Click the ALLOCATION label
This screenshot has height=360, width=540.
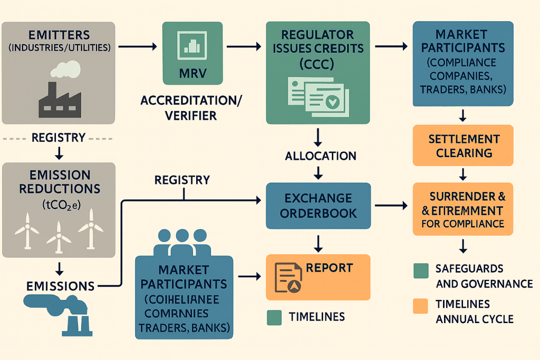[320, 156]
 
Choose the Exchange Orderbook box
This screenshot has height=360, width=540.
[318, 206]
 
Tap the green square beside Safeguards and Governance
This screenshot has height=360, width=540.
[421, 270]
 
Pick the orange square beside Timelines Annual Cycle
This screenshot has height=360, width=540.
[421, 306]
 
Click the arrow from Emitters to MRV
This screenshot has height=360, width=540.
[137, 47]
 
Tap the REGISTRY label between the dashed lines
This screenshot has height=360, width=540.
[59, 138]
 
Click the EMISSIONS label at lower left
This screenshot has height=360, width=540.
[61, 286]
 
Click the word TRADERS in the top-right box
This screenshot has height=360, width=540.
[440, 90]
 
